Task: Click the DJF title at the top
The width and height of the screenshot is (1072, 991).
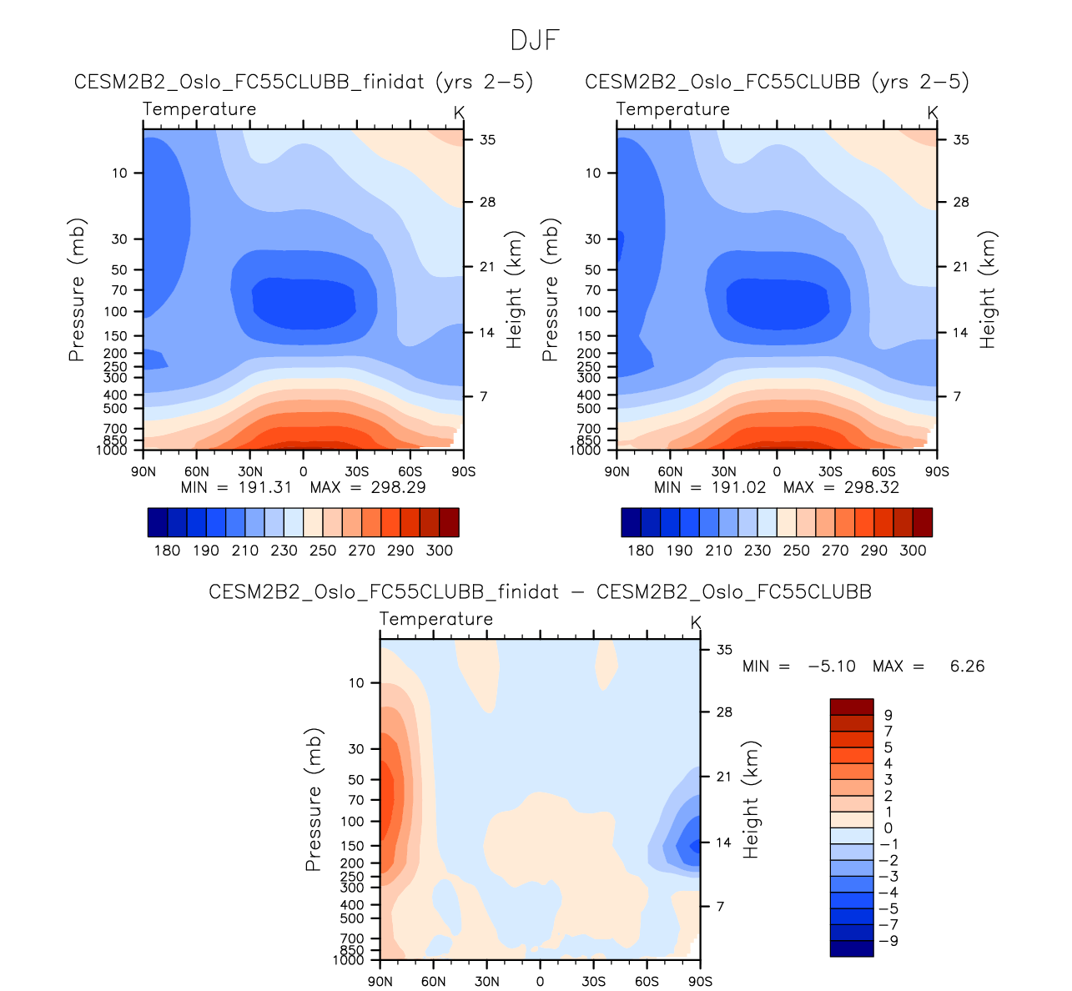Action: (x=535, y=40)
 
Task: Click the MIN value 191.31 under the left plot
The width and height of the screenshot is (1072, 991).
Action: (x=265, y=487)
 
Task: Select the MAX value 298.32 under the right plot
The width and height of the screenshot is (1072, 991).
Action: (x=871, y=487)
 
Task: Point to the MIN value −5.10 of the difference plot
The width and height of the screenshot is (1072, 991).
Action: (x=832, y=666)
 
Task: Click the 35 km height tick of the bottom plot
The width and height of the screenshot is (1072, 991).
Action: (x=724, y=650)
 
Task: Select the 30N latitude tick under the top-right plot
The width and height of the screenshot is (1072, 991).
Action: (x=723, y=471)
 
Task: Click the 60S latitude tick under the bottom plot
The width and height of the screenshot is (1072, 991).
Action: (x=647, y=981)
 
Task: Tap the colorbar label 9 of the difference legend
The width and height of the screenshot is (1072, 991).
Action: (x=888, y=715)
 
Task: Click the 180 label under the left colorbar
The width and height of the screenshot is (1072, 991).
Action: (x=167, y=551)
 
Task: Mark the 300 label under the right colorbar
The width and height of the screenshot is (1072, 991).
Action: (x=913, y=551)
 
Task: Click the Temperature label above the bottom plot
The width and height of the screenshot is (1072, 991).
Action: (x=436, y=619)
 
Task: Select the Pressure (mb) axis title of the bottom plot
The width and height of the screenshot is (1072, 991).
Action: (x=314, y=800)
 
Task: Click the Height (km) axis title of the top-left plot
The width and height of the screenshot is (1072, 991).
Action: (x=513, y=289)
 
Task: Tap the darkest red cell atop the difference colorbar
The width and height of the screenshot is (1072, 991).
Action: (x=851, y=707)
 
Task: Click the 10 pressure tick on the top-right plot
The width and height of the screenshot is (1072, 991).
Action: (x=592, y=174)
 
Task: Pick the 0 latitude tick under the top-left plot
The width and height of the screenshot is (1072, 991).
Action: (x=303, y=471)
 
